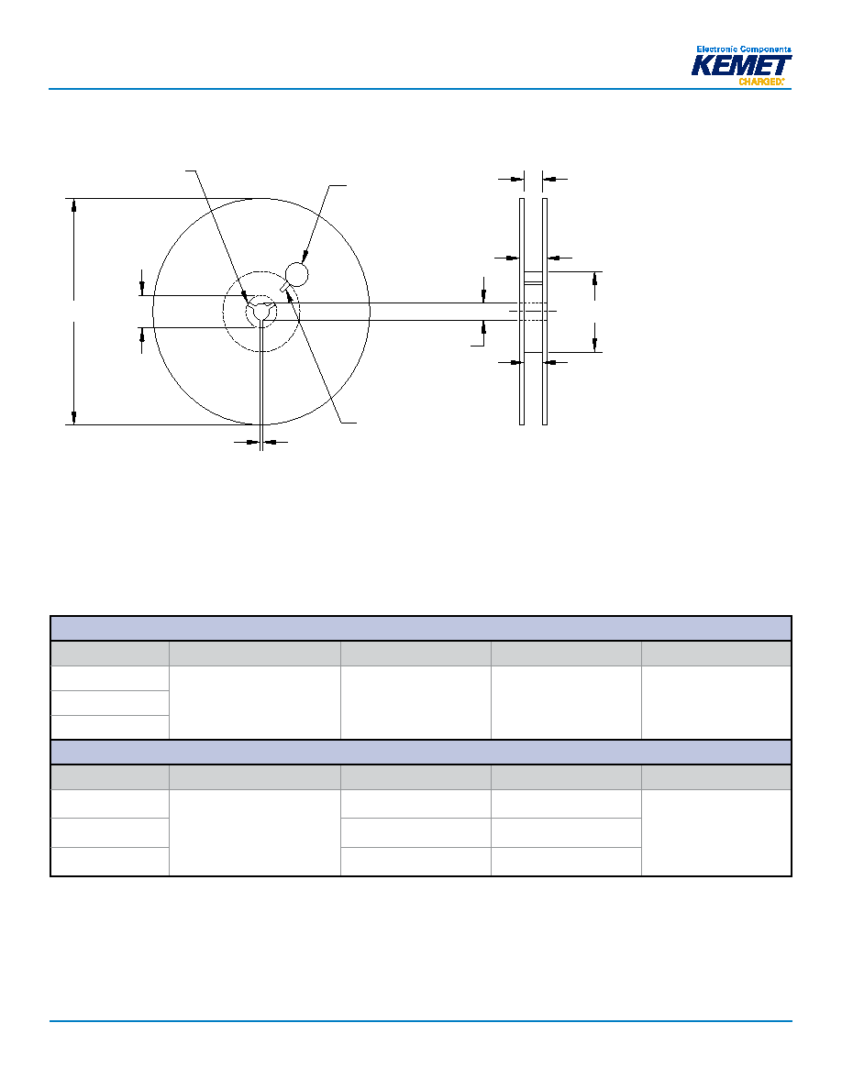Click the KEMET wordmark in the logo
[740, 65]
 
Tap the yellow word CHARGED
[760, 82]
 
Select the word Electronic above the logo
[717, 49]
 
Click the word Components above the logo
[766, 49]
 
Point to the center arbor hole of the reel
[261, 311]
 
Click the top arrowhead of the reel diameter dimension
[73, 204]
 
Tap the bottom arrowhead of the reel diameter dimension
[73, 417]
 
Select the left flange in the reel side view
[522, 311]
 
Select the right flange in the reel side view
[545, 311]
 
